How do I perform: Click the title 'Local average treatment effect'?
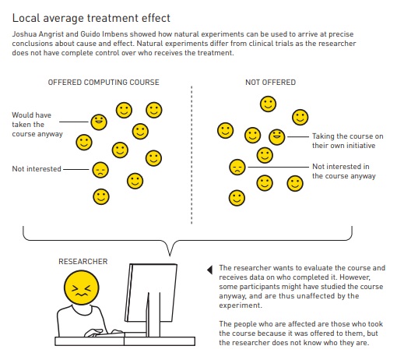coord(91,19)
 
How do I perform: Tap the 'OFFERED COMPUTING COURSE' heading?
coord(104,83)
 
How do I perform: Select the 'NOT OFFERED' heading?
coord(270,83)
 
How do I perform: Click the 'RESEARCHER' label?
coord(83,261)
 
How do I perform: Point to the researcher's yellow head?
coord(82,288)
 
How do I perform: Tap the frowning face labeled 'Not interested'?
coord(100,170)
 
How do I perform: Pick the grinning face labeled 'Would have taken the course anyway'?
coord(99,122)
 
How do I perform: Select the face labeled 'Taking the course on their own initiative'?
coord(277,137)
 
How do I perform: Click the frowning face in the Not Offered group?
coord(237,167)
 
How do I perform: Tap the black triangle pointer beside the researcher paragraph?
coord(210,270)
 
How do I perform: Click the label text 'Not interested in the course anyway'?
coord(344,171)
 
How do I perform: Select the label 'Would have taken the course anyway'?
coord(37,125)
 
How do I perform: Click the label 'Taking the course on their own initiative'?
coord(348,141)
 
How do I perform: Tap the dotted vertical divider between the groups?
coord(191,155)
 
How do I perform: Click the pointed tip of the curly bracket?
coord(170,256)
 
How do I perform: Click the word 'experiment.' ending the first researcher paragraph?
coord(241,305)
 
